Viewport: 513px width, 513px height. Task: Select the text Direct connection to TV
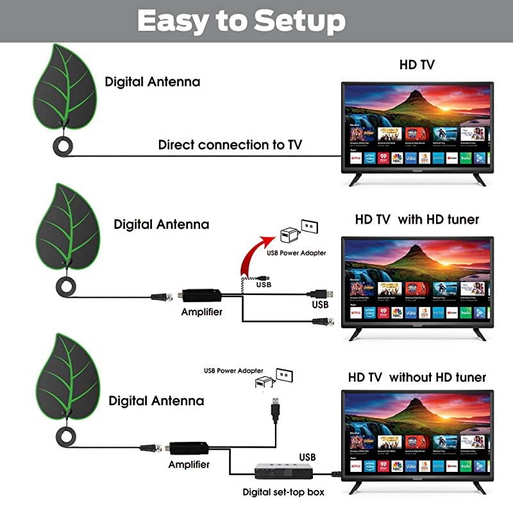pos(230,145)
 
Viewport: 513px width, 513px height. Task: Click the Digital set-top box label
pos(283,492)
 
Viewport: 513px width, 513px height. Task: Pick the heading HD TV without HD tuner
pos(417,377)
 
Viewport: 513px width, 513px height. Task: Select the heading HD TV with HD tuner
pos(417,219)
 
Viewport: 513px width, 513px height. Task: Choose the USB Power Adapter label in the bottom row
pos(233,371)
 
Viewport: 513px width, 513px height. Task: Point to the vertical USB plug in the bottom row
pos(275,409)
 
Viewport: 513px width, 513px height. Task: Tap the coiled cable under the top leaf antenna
pos(65,146)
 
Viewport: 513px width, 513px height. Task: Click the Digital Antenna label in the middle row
pos(161,224)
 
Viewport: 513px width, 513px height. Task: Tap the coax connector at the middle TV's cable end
pos(323,320)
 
